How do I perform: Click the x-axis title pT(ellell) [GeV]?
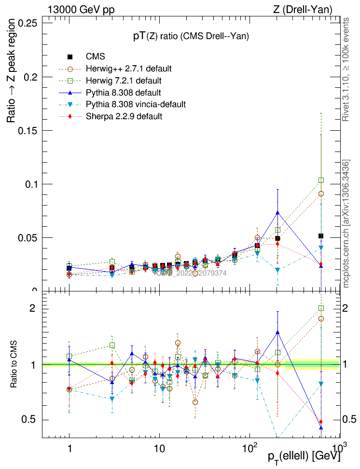pos(304,456)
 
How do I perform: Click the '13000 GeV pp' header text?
pos(81,9)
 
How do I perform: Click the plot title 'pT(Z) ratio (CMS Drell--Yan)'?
pos(191,37)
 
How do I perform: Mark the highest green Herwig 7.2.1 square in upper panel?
pos(321,180)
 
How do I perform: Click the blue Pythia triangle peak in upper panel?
pos(277,212)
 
